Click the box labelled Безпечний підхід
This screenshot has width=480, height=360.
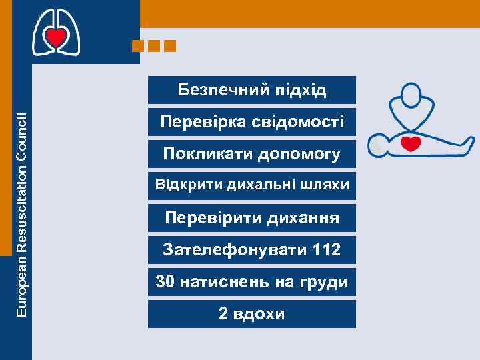click(x=252, y=90)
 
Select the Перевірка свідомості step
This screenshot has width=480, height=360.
click(x=252, y=122)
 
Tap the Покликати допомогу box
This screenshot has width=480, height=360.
click(x=252, y=154)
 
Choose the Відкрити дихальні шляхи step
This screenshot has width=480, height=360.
click(x=252, y=185)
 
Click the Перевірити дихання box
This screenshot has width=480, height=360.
click(x=252, y=217)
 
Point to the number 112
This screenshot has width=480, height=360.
click(x=326, y=250)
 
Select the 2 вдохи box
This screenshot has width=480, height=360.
click(x=252, y=313)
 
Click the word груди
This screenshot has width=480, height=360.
click(x=325, y=282)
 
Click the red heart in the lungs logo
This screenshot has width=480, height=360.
click(x=57, y=38)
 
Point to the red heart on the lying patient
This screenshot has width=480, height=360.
click(x=412, y=143)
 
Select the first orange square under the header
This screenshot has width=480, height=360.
click(x=138, y=46)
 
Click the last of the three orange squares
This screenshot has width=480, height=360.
click(x=169, y=46)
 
